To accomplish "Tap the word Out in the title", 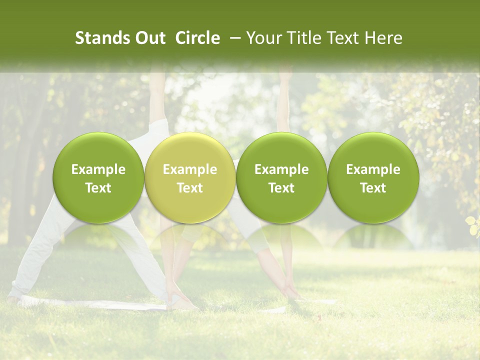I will tap(149, 38).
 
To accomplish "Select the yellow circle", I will tap(190, 178).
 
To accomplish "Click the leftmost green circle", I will tap(98, 178).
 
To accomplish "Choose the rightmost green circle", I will tap(373, 178).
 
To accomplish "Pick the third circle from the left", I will tap(281, 178).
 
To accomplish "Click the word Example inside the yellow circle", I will tap(190, 169).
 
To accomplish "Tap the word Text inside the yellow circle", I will tap(190, 188).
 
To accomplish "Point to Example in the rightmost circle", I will tap(373, 169).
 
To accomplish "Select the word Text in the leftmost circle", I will tap(98, 188).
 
